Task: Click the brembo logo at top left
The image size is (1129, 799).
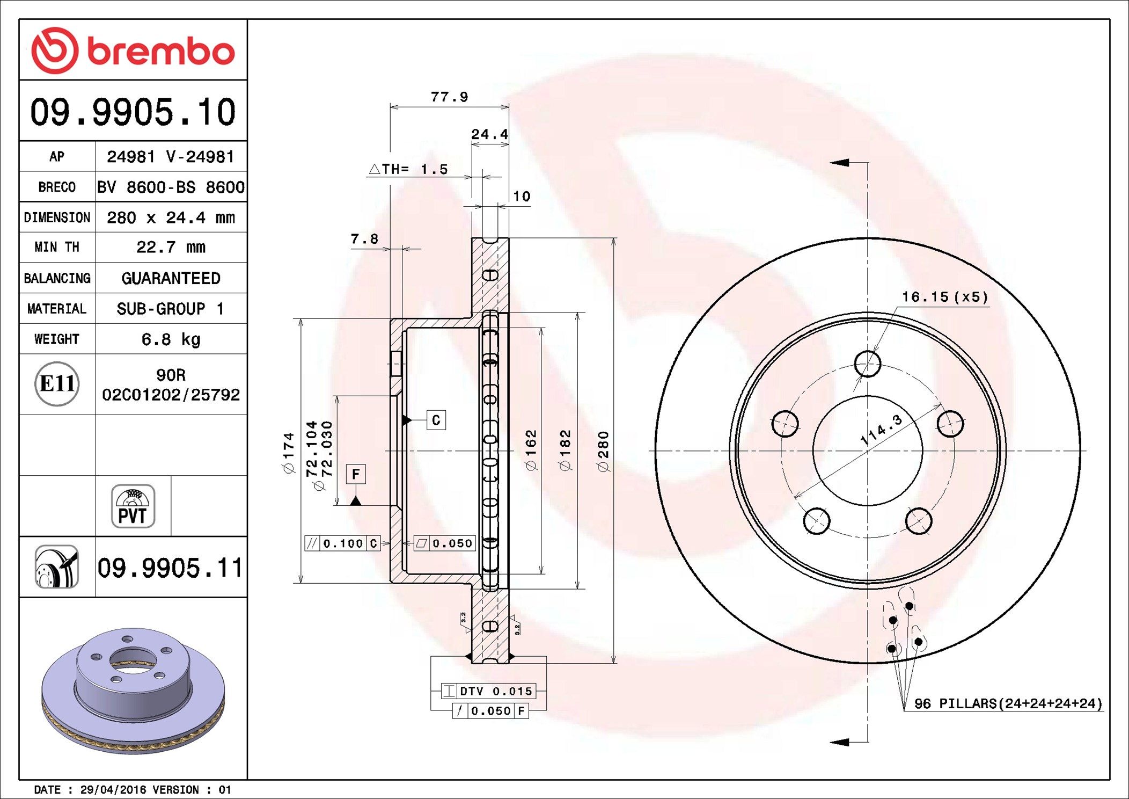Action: pyautogui.click(x=133, y=51)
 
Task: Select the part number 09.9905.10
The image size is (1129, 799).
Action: pyautogui.click(x=133, y=112)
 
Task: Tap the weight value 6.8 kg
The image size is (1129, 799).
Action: pyautogui.click(x=171, y=339)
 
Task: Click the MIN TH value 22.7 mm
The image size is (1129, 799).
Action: pyautogui.click(x=171, y=247)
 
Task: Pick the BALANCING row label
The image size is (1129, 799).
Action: pyautogui.click(x=57, y=278)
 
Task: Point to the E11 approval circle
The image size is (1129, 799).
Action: pyautogui.click(x=57, y=383)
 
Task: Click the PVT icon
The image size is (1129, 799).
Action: pyautogui.click(x=133, y=506)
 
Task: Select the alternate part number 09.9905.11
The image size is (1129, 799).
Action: pyautogui.click(x=170, y=568)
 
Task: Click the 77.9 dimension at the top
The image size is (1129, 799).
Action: pyautogui.click(x=449, y=97)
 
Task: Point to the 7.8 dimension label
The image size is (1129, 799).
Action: pyautogui.click(x=364, y=239)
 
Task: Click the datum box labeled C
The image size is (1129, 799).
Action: pyautogui.click(x=436, y=420)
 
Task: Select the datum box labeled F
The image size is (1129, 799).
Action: pyautogui.click(x=355, y=474)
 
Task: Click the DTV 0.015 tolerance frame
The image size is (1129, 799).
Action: pyautogui.click(x=488, y=691)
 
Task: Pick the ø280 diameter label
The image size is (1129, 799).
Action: pyautogui.click(x=604, y=451)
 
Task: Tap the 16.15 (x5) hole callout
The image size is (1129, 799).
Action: pyautogui.click(x=944, y=297)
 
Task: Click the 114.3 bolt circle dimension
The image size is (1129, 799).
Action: pyautogui.click(x=881, y=430)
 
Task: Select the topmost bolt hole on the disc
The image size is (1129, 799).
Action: pyautogui.click(x=867, y=364)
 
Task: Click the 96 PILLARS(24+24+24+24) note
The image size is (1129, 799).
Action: pyautogui.click(x=1008, y=703)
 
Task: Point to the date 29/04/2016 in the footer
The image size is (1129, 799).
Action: pyautogui.click(x=113, y=790)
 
